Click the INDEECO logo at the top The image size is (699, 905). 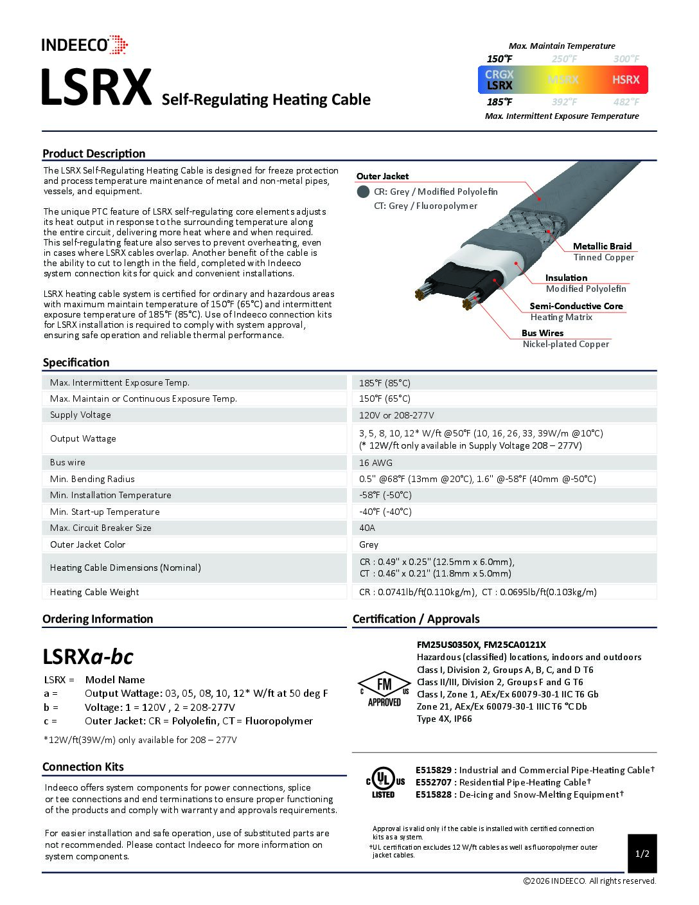[x=84, y=45]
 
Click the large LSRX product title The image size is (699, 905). [x=96, y=88]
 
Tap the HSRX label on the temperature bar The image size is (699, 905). [x=625, y=80]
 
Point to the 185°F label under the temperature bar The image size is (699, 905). [x=499, y=102]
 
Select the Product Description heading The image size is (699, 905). [x=94, y=154]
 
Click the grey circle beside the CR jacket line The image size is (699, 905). [x=363, y=192]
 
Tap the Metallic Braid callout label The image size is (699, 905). [x=602, y=246]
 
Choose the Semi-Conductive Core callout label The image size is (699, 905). [x=576, y=306]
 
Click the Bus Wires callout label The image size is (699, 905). [x=542, y=333]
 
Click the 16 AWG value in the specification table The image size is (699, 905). [x=376, y=463]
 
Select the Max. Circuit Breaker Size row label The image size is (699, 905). [x=101, y=528]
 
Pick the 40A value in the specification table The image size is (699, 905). [x=367, y=528]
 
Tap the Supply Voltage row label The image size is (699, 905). [x=80, y=415]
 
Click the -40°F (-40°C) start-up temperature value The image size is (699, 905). [x=385, y=512]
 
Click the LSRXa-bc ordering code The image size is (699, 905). [x=88, y=656]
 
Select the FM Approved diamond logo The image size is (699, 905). [x=384, y=689]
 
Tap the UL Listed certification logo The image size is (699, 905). [x=384, y=782]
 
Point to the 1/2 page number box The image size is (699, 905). [x=642, y=854]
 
